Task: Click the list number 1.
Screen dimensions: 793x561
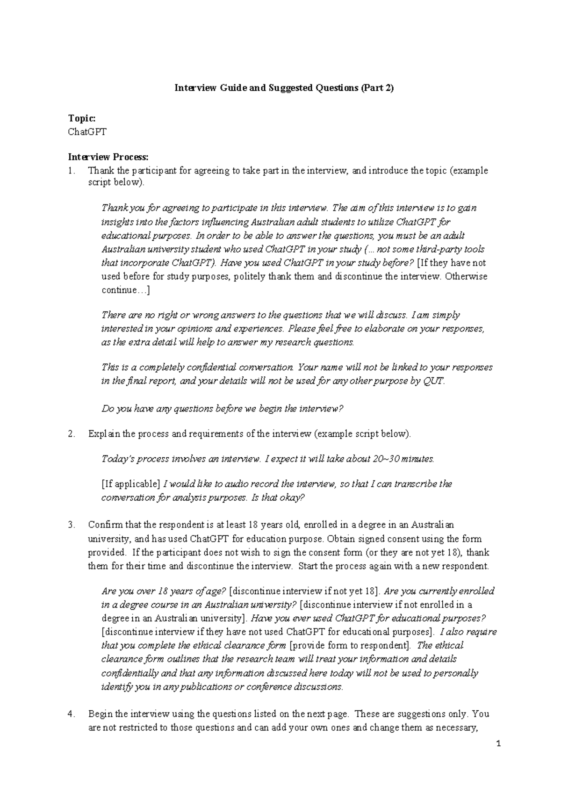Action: tap(71, 171)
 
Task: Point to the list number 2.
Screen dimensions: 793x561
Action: tap(71, 434)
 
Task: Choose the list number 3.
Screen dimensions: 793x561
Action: tap(71, 525)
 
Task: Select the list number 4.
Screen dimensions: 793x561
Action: tap(71, 714)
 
